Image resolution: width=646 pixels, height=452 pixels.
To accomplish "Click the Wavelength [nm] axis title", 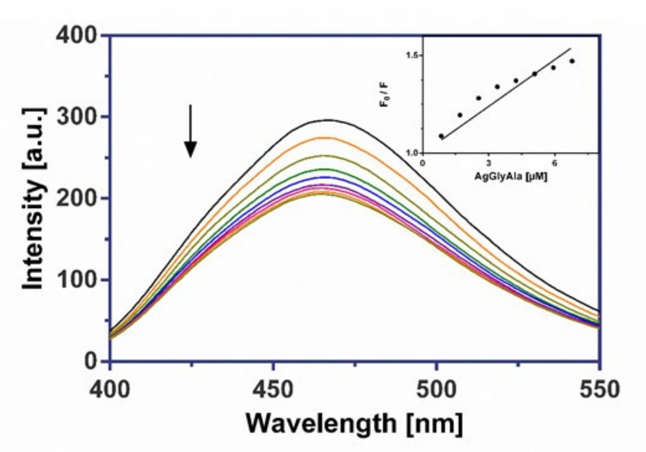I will (x=355, y=424).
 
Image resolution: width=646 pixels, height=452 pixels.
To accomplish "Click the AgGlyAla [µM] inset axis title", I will (x=510, y=177).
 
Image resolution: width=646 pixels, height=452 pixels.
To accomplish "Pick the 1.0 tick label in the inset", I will (x=413, y=152).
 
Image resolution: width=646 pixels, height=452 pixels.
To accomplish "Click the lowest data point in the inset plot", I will (x=442, y=136).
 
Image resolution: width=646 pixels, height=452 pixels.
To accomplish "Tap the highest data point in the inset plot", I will (x=572, y=61).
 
